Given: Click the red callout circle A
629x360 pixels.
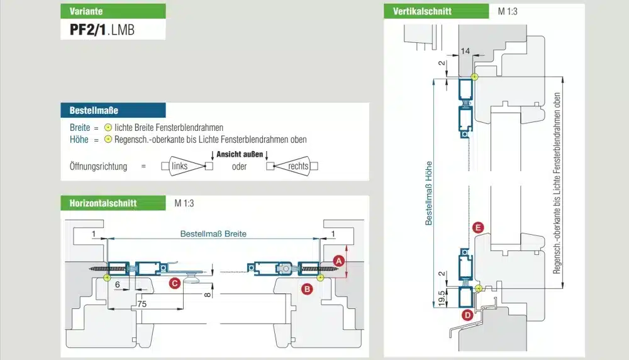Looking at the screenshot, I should pyautogui.click(x=338, y=260).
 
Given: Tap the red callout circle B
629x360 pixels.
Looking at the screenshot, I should pyautogui.click(x=307, y=289).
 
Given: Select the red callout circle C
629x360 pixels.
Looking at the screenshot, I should pyautogui.click(x=174, y=284).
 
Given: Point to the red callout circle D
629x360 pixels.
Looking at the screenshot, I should pyautogui.click(x=467, y=315).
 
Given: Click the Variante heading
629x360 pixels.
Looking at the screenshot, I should pyautogui.click(x=86, y=11).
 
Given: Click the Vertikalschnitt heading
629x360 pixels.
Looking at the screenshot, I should pyautogui.click(x=423, y=11).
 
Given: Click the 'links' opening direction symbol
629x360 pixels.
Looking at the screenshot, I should pyautogui.click(x=186, y=166).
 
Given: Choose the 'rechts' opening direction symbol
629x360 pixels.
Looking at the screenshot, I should pyautogui.click(x=292, y=166).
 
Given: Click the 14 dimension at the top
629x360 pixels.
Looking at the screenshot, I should pyautogui.click(x=465, y=50).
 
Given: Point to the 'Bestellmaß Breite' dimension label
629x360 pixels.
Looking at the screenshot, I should pyautogui.click(x=213, y=233).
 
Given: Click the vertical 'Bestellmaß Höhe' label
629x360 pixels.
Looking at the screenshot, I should pyautogui.click(x=429, y=192).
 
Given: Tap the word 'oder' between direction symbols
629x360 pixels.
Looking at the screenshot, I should pyautogui.click(x=239, y=167).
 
